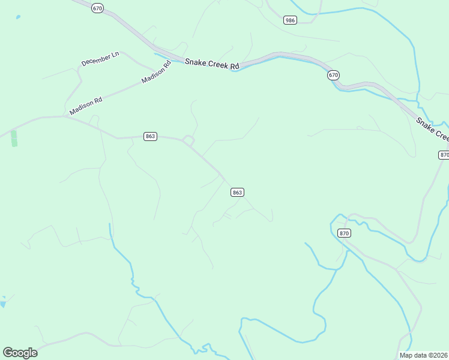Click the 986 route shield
point(291,20)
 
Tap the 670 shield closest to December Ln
point(98,8)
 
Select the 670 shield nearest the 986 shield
point(334,75)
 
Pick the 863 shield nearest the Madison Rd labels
point(151,136)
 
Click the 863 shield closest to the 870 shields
point(237,192)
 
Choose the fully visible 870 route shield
point(344,233)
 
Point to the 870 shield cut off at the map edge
point(444,154)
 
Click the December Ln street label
point(100,58)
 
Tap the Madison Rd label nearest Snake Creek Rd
point(157,72)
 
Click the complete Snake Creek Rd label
point(212,63)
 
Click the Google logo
point(20,352)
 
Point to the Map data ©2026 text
point(424,355)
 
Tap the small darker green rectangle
point(14,138)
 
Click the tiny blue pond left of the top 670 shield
point(18,17)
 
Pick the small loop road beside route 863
point(188,141)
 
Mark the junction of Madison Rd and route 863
point(65,116)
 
